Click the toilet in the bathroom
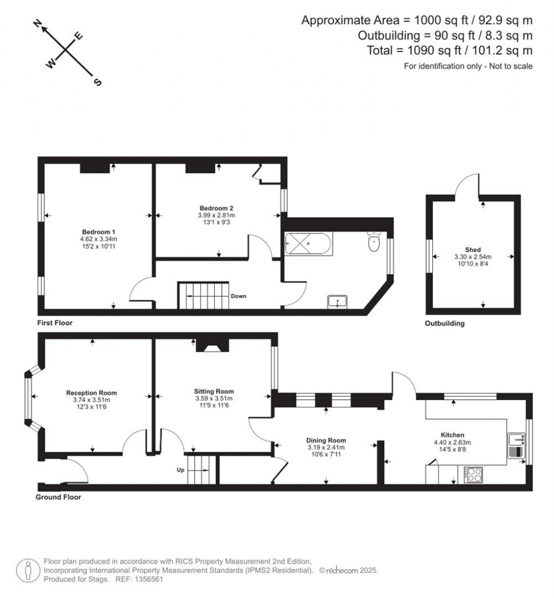pyautogui.click(x=374, y=242)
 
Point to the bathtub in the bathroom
pyautogui.click(x=307, y=244)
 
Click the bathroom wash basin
pyautogui.click(x=339, y=301)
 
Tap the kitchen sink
pyautogui.click(x=515, y=445)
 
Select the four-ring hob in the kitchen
pyautogui.click(x=474, y=474)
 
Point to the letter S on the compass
pyautogui.click(x=97, y=82)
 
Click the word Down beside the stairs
pyautogui.click(x=239, y=296)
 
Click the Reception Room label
pyautogui.click(x=91, y=393)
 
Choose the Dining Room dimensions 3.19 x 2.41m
pyautogui.click(x=326, y=447)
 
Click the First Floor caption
pyautogui.click(x=55, y=323)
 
